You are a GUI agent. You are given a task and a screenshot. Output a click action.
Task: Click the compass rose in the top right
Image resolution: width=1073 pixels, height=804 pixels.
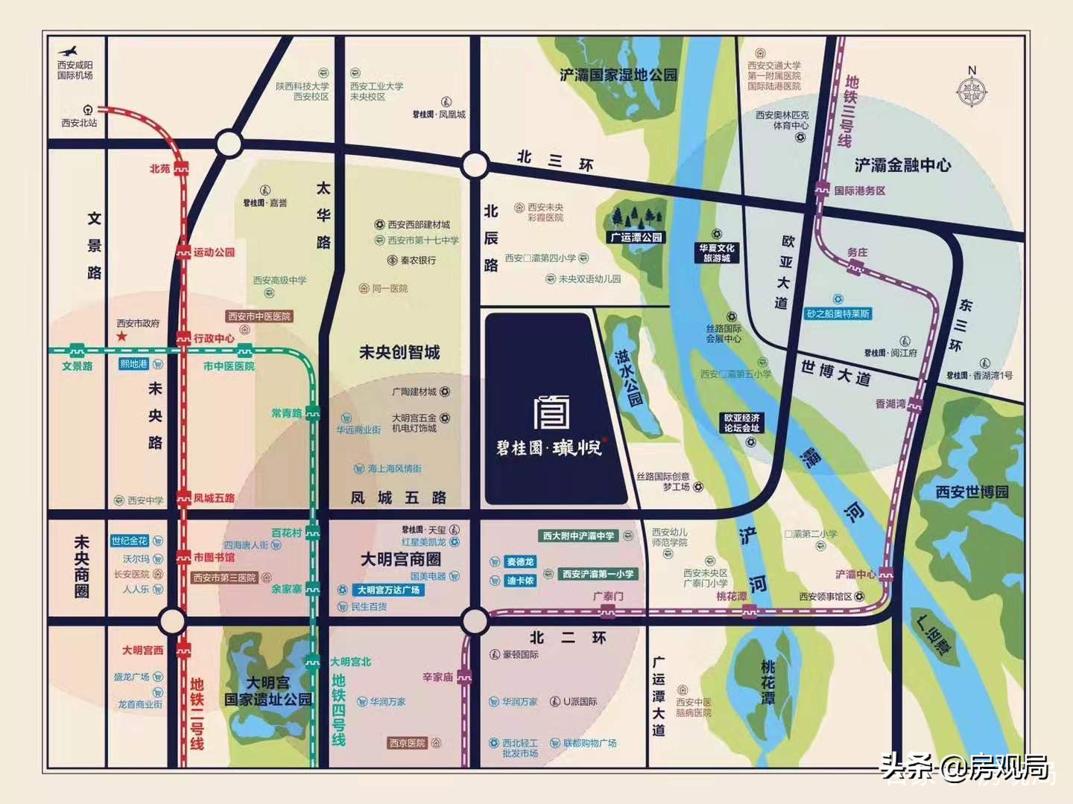(x=972, y=92)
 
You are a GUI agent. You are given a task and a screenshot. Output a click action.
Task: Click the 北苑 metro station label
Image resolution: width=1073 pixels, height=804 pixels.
(x=159, y=169)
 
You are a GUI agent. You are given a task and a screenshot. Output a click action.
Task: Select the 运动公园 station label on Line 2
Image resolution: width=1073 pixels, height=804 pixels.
(x=214, y=252)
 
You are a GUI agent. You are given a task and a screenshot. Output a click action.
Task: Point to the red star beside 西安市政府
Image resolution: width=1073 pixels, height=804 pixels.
(x=122, y=337)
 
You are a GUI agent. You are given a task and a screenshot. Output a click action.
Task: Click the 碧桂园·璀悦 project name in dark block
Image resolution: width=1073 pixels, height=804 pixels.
(x=549, y=447)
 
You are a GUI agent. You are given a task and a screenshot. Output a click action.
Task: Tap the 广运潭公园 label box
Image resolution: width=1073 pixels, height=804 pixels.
(x=636, y=237)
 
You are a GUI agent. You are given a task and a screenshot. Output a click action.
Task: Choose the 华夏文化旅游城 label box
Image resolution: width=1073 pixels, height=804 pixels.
(x=716, y=253)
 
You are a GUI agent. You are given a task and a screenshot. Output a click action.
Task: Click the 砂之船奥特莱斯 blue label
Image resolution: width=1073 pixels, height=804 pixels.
(x=838, y=313)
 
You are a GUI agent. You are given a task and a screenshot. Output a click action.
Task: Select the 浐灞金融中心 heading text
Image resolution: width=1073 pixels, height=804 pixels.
(x=902, y=165)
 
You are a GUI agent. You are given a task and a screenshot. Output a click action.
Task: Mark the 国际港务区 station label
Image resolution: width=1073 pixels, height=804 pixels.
(x=859, y=191)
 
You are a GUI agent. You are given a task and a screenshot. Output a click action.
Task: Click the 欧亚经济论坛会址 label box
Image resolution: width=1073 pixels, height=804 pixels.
(x=741, y=423)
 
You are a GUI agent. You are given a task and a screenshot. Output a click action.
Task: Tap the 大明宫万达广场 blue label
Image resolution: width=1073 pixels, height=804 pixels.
(x=387, y=590)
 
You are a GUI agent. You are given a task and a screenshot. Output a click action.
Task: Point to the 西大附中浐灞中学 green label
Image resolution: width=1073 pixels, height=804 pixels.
(x=578, y=536)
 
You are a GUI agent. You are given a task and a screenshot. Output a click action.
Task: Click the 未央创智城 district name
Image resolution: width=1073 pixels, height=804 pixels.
(x=399, y=352)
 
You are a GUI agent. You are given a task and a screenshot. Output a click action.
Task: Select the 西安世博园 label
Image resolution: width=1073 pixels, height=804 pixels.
(x=972, y=492)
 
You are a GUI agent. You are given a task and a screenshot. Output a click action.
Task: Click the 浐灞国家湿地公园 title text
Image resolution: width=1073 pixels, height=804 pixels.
(x=618, y=75)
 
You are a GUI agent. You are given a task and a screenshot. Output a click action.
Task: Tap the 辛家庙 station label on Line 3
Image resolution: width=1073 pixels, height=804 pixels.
(x=437, y=677)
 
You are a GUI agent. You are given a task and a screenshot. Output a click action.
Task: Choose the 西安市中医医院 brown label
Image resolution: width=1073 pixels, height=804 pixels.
(x=259, y=316)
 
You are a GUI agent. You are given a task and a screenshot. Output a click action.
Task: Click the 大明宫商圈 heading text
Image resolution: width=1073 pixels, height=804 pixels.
(x=400, y=559)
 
